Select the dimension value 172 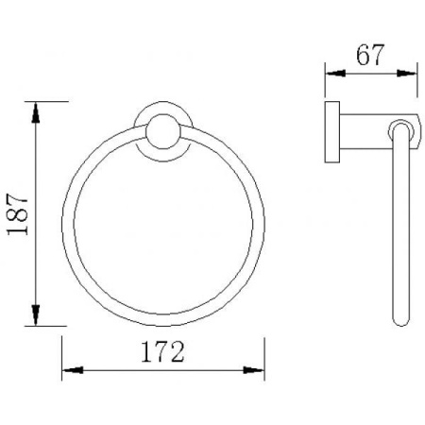coord(162,352)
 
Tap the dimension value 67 coord(371,55)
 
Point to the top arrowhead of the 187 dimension coord(37,110)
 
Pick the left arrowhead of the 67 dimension coord(332,72)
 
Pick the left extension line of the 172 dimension coord(62,354)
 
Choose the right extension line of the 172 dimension coord(264,354)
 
